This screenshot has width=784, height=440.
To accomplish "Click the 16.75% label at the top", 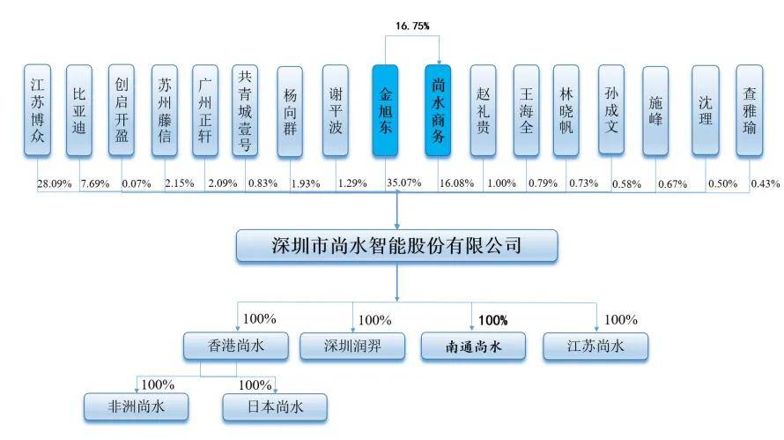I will click(x=411, y=27).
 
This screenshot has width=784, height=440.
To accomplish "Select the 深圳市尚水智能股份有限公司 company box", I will click(x=397, y=246).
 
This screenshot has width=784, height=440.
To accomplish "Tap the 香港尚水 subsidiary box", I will click(x=235, y=347).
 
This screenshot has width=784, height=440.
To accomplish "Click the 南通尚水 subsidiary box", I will click(x=473, y=347).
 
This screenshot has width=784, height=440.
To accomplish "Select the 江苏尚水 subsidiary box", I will click(x=595, y=347).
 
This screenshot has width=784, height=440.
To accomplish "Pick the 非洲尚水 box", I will click(x=137, y=407).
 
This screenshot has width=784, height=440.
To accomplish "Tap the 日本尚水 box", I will click(x=274, y=407).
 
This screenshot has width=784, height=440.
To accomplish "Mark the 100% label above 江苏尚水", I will click(x=622, y=320).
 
